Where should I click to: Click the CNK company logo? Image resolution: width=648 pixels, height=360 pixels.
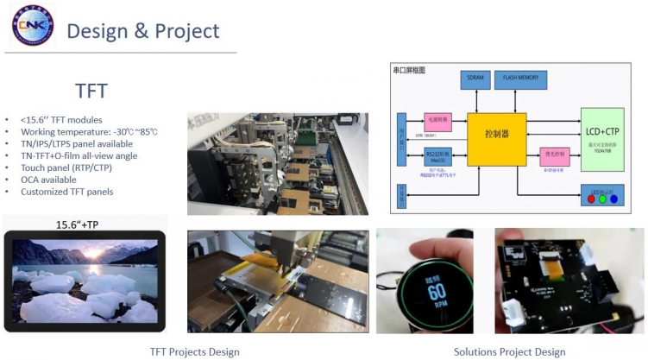tap(33, 25)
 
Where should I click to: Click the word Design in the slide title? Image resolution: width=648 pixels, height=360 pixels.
tap(98, 32)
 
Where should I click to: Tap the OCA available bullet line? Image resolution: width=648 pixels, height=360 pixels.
tap(54, 180)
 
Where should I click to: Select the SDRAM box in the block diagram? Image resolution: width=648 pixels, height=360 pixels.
tap(476, 78)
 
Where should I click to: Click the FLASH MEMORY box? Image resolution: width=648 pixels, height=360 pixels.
tap(521, 78)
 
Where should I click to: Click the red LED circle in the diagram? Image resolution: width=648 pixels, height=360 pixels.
tap(589, 199)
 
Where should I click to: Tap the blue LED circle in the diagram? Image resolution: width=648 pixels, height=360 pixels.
tap(613, 199)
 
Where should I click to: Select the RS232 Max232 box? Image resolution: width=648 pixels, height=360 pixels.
tap(436, 156)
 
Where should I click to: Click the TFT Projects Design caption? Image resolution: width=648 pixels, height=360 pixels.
tap(195, 351)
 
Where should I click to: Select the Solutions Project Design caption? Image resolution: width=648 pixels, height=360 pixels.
tap(510, 351)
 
